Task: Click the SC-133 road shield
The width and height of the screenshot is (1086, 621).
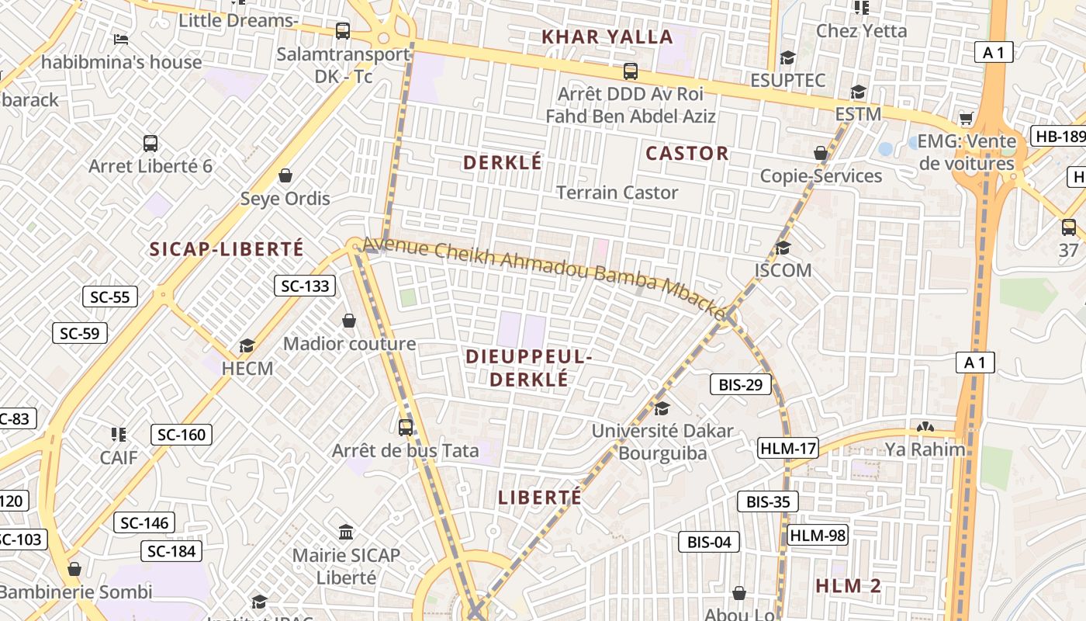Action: point(305,286)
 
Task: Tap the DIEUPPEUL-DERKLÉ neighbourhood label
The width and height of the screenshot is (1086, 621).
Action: point(529,368)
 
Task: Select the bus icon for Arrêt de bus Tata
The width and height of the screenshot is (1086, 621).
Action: point(405,427)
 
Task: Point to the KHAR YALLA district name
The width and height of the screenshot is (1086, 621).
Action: point(607,36)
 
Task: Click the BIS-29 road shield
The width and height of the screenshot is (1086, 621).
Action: point(741,384)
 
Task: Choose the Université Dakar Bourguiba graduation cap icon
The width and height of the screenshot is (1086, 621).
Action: point(662,408)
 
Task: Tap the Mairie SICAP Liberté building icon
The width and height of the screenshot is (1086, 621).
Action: point(346,533)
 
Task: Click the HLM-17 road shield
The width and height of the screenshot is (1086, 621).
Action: point(788,448)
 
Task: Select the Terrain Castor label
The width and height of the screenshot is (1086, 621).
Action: point(617,193)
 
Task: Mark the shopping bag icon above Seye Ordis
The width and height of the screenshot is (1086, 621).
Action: point(285,175)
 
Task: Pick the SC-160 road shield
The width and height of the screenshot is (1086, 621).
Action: point(182,435)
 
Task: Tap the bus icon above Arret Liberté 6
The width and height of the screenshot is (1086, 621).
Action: point(150,144)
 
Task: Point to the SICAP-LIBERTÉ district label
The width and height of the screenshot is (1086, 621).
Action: point(227,249)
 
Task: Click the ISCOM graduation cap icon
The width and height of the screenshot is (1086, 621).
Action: point(783,248)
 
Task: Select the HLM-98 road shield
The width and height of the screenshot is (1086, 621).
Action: point(818,535)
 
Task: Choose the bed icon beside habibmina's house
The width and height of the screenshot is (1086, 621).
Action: point(121,39)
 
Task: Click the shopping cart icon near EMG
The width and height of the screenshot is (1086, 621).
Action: point(966,118)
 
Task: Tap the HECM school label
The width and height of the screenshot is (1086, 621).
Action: point(247,368)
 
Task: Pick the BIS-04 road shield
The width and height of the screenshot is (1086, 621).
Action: point(709,542)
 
